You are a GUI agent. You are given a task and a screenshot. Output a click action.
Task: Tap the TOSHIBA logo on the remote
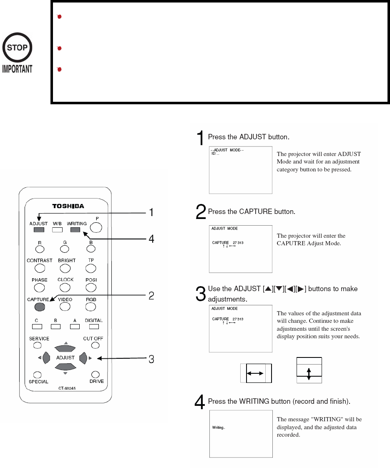click(x=65, y=206)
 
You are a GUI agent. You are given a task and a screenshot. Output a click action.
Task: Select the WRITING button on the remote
click(x=75, y=229)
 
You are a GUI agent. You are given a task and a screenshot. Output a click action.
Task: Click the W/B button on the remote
click(x=57, y=229)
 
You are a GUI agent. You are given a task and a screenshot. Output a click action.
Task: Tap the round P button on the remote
click(x=96, y=226)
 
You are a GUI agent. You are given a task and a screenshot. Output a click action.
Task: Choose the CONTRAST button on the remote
click(x=39, y=268)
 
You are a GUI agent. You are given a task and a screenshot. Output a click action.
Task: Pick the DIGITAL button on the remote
click(x=94, y=326)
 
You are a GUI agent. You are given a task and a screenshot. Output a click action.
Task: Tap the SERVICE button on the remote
click(x=37, y=345)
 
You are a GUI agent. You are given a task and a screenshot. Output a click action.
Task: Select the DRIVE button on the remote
click(x=96, y=374)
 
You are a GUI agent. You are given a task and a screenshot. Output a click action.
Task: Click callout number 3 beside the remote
click(x=151, y=359)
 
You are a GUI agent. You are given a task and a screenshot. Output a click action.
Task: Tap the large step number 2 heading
click(x=201, y=212)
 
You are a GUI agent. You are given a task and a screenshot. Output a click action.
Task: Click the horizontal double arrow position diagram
click(x=256, y=373)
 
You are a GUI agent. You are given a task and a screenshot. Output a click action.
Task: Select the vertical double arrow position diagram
click(x=309, y=370)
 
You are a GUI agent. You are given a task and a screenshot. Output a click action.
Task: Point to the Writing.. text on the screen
click(x=219, y=428)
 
